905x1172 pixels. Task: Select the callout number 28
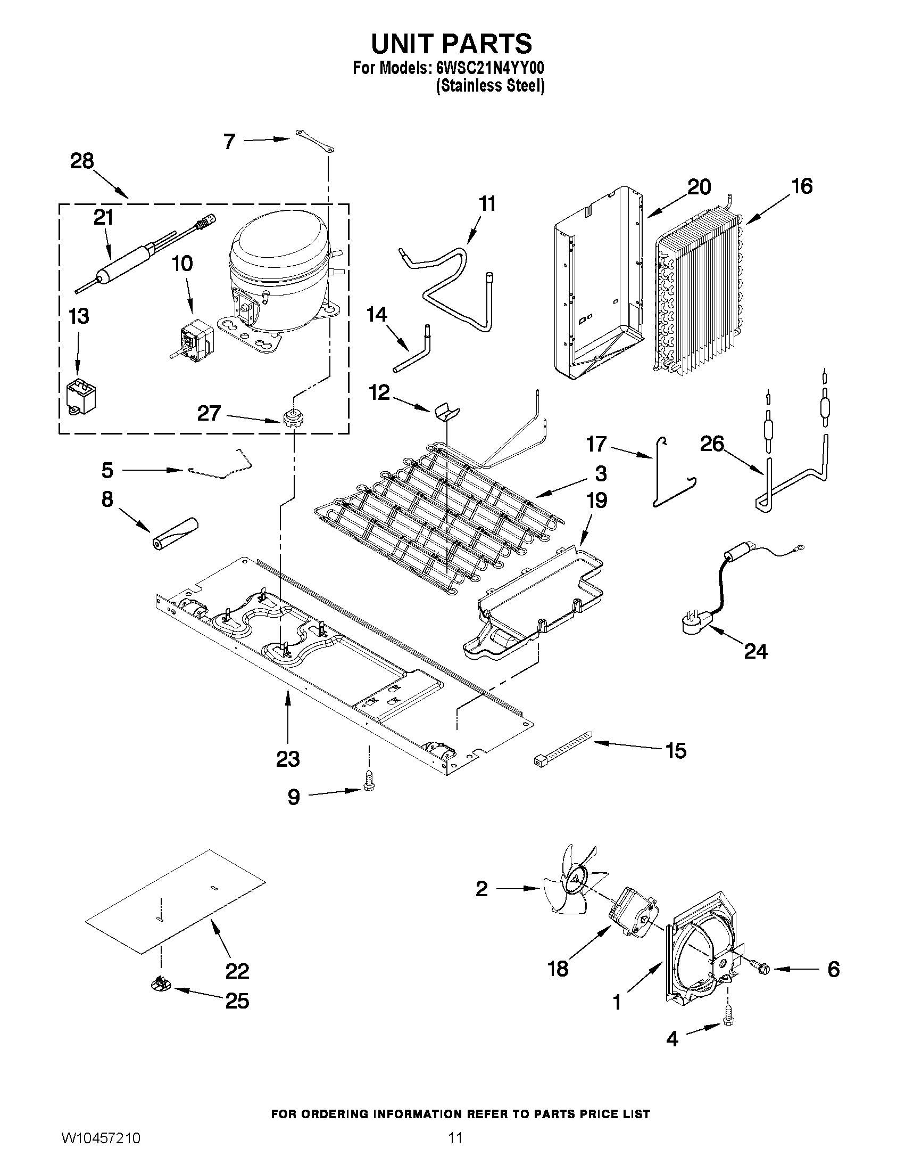click(x=82, y=161)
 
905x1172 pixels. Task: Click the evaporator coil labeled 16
click(x=697, y=290)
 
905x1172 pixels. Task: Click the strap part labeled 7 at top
click(x=314, y=141)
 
